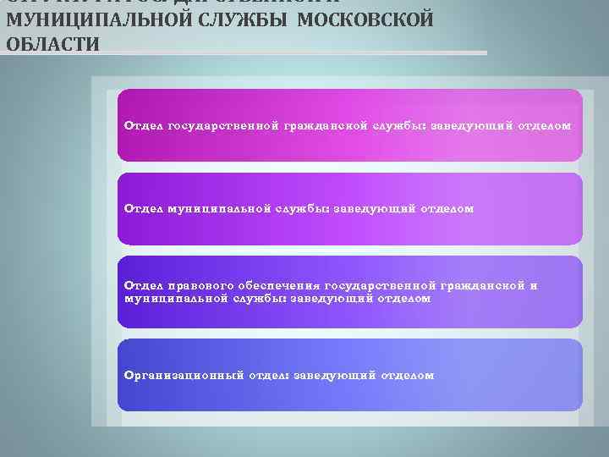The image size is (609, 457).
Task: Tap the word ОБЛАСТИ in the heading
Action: [x=52, y=43]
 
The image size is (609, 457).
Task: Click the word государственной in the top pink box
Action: [x=224, y=126]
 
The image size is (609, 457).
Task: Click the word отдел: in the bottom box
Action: [x=268, y=375]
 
